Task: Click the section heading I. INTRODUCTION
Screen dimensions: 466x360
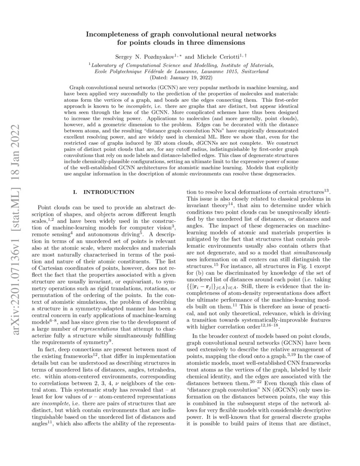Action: click(104, 192)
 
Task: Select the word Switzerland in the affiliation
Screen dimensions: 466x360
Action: click(253, 71)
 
